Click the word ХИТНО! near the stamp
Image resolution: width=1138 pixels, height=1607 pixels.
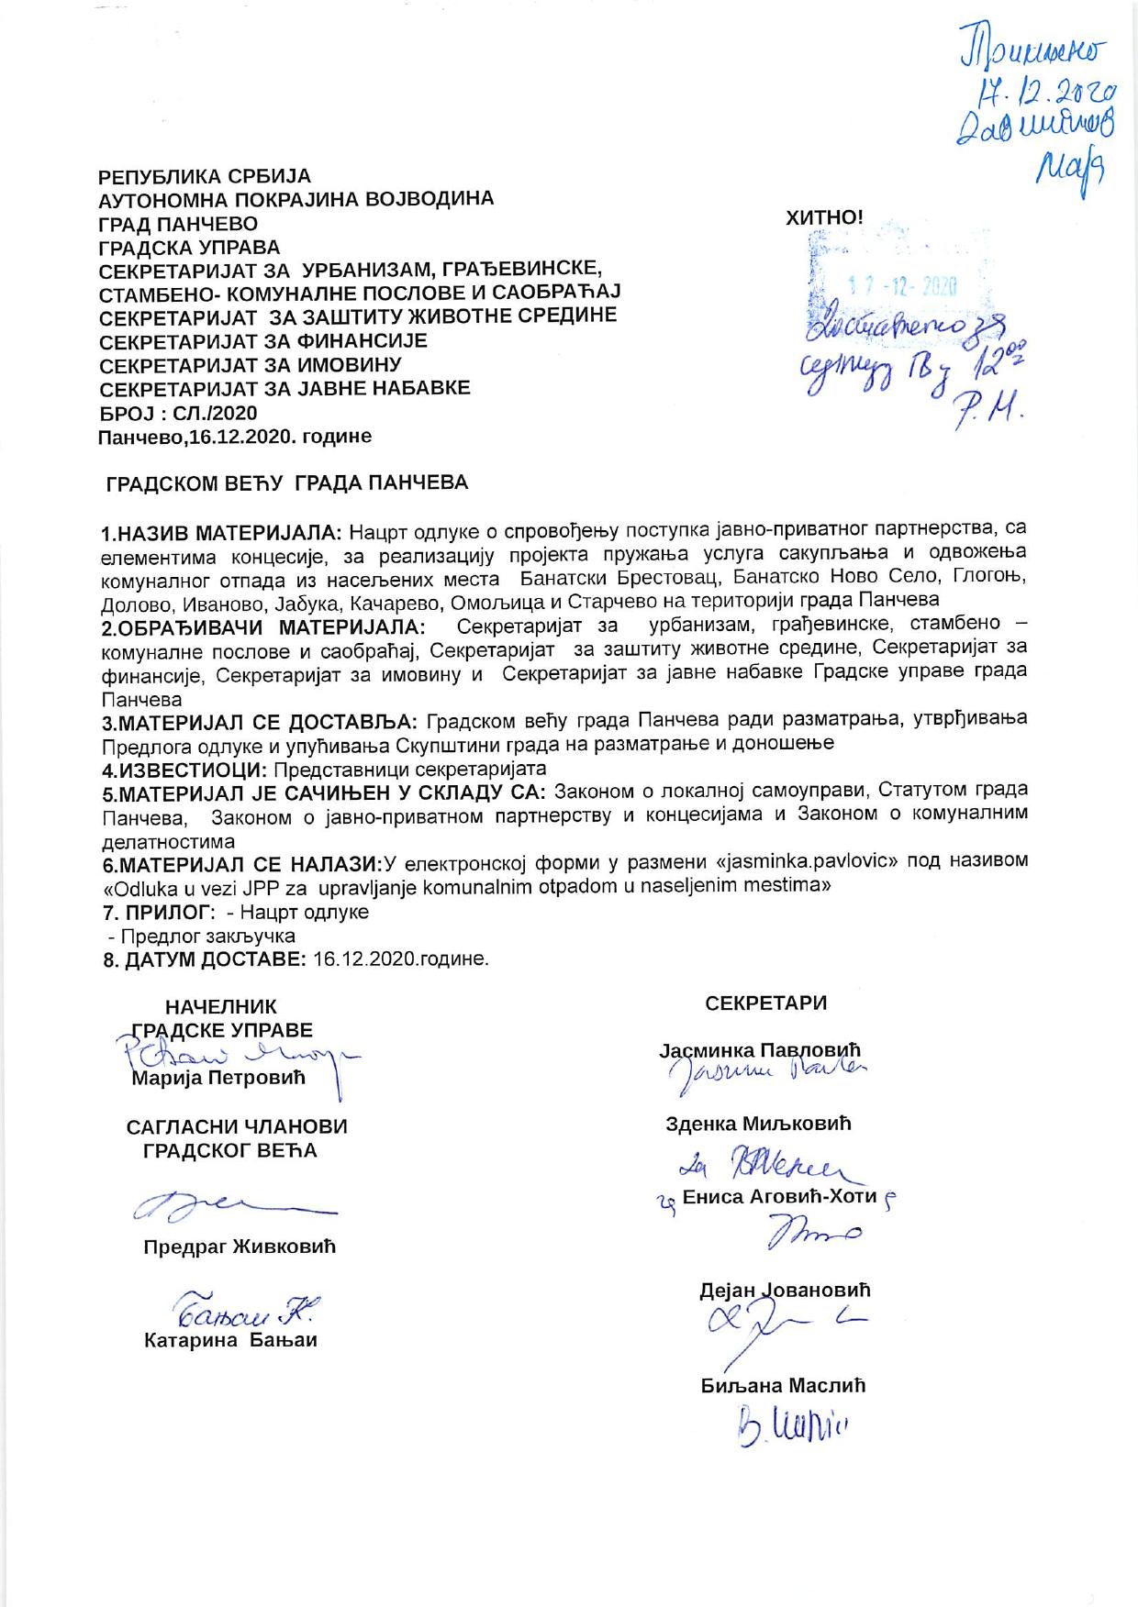824,218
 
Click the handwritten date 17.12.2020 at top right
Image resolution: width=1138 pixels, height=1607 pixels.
1045,89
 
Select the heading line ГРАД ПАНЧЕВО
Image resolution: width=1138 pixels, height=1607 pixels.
178,224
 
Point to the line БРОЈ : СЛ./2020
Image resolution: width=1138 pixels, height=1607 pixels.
178,413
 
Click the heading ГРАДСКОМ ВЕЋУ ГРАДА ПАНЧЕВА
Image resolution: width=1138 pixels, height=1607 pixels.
287,482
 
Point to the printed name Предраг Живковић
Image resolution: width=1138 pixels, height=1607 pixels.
240,1247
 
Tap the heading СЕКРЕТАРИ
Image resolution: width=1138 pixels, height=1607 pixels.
766,1003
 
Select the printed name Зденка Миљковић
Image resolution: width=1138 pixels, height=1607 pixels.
759,1123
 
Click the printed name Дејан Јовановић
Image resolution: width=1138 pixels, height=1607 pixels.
785,1290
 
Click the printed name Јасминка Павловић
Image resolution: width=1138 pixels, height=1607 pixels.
760,1049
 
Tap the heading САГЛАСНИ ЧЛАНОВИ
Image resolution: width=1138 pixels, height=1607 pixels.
237,1126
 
